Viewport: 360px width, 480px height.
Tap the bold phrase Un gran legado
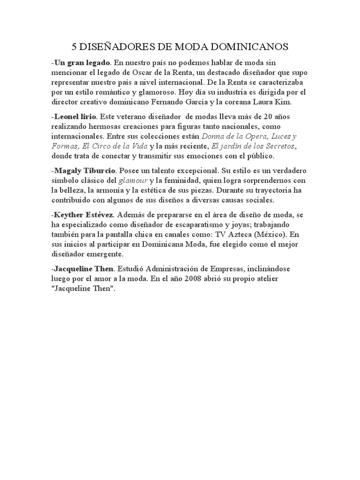(x=82, y=62)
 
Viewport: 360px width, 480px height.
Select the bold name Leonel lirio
(x=75, y=116)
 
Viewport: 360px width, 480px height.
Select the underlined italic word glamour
(x=134, y=180)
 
